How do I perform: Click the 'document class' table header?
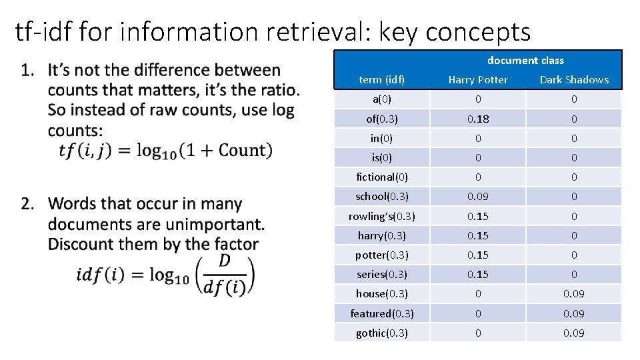pyautogui.click(x=525, y=61)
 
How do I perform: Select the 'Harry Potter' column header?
pyautogui.click(x=478, y=80)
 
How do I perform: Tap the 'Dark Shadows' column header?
pyautogui.click(x=574, y=80)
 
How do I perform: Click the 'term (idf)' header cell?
pyautogui.click(x=381, y=80)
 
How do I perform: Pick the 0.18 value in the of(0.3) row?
pyautogui.click(x=478, y=119)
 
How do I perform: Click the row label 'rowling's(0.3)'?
pyautogui.click(x=381, y=216)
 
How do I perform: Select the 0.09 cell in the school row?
pyautogui.click(x=478, y=197)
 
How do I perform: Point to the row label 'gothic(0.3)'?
pyautogui.click(x=381, y=333)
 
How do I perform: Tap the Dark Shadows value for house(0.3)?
pyautogui.click(x=574, y=294)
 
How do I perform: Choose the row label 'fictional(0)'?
pyautogui.click(x=381, y=177)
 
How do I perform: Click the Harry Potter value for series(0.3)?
pyautogui.click(x=478, y=275)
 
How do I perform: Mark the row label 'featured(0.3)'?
pyautogui.click(x=381, y=313)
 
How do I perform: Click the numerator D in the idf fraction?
pyautogui.click(x=224, y=261)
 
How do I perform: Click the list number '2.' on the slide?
pyautogui.click(x=29, y=203)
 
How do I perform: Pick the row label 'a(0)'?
pyautogui.click(x=381, y=99)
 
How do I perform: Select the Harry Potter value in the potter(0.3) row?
pyautogui.click(x=478, y=255)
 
